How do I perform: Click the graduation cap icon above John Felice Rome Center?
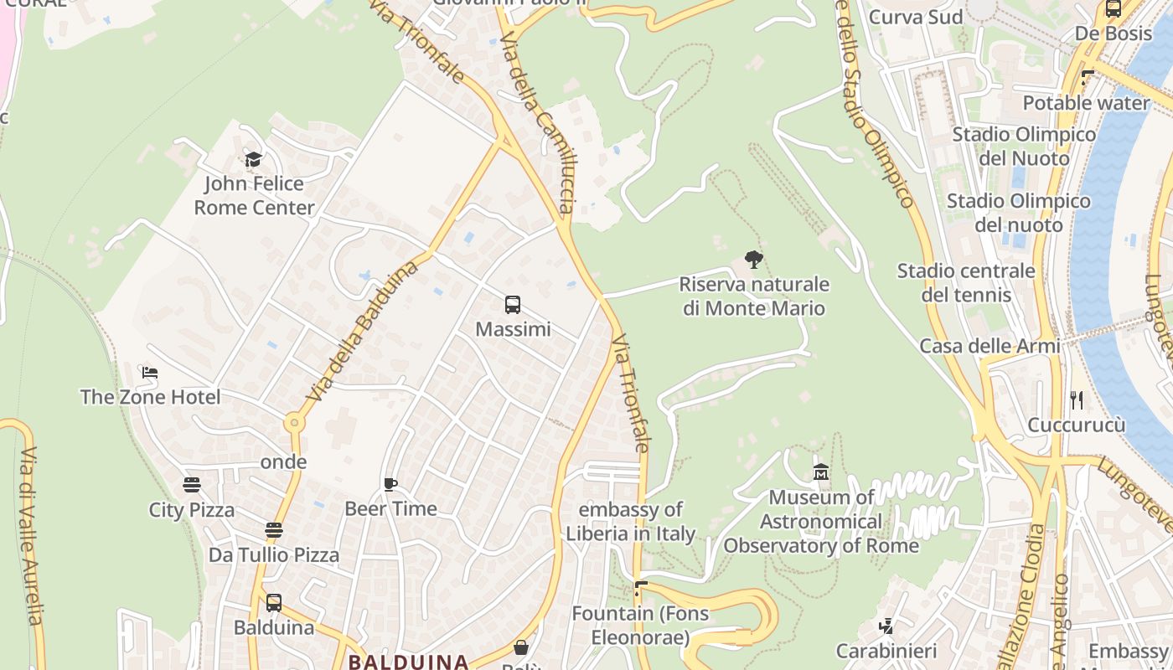[x=253, y=158]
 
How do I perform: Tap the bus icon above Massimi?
[x=513, y=305]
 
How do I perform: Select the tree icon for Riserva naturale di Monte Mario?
[x=754, y=260]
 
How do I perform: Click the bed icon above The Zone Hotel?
[x=150, y=373]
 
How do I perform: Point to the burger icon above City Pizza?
[x=192, y=485]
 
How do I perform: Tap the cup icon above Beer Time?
[x=390, y=484]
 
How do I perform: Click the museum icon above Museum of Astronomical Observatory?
[x=821, y=472]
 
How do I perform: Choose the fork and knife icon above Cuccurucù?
[x=1077, y=400]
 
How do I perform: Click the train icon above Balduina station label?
[x=273, y=603]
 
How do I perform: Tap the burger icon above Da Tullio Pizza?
[x=273, y=530]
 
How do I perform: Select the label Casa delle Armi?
[x=990, y=346]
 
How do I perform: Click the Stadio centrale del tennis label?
[x=966, y=283]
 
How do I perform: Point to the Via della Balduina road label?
[x=363, y=330]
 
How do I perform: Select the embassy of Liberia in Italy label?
[x=630, y=522]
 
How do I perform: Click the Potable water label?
[x=1086, y=103]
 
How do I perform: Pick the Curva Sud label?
[x=915, y=17]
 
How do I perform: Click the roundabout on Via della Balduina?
[x=293, y=423]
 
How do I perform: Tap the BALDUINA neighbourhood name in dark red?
[x=408, y=662]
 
